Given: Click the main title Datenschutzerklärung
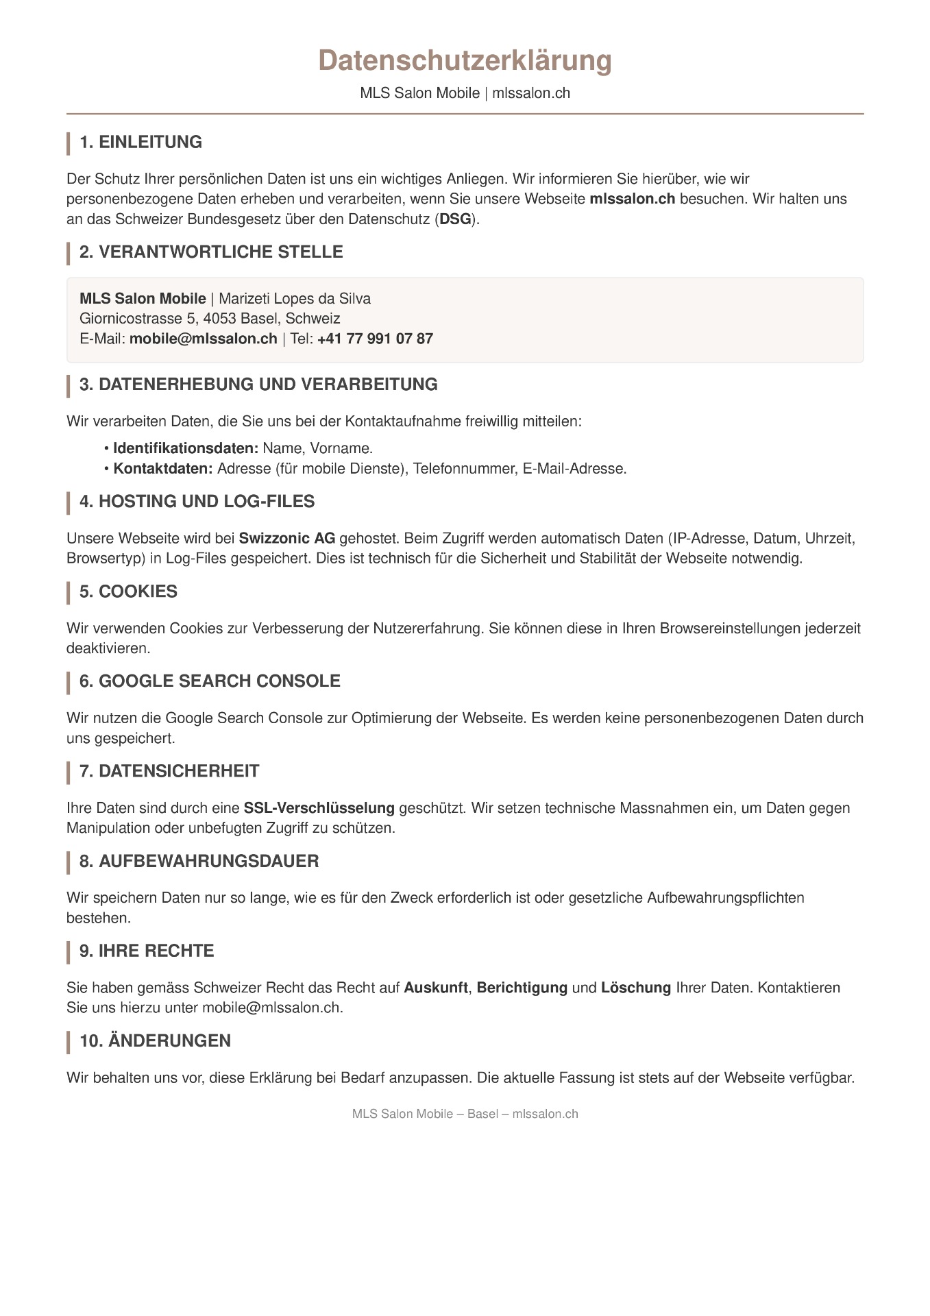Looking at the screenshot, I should [x=465, y=61].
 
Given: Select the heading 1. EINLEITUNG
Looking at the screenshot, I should [x=140, y=143].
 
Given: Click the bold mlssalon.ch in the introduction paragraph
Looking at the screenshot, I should [x=632, y=199].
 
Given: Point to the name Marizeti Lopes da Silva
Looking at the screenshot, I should [x=295, y=299].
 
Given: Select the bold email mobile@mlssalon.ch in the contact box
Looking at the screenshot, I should [x=204, y=339].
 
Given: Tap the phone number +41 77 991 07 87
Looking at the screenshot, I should [x=375, y=339].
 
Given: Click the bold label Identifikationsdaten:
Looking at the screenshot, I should [x=186, y=449].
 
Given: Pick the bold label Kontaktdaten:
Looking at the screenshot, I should [x=163, y=469].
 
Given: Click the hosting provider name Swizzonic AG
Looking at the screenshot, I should [x=287, y=538].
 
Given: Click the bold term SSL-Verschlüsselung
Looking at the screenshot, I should [x=319, y=808].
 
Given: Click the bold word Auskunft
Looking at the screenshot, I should [x=436, y=988].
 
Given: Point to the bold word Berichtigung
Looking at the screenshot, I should [x=522, y=988].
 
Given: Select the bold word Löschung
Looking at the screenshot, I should [x=636, y=988].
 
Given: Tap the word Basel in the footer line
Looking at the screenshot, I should [x=482, y=1114].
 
